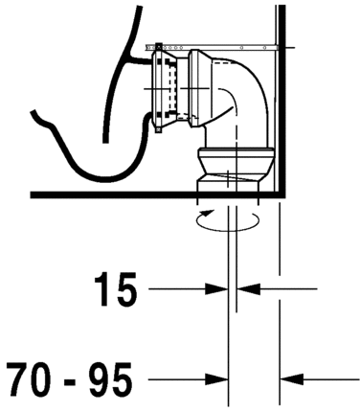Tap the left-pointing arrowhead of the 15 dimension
point(248,286)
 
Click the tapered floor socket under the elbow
point(234,179)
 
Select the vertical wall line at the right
point(277,96)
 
